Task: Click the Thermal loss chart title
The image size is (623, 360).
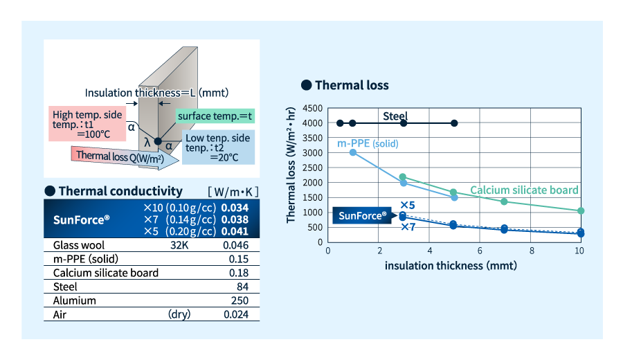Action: [x=351, y=85]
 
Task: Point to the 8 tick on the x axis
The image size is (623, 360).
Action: [x=531, y=250]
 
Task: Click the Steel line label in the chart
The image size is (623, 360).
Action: [x=395, y=116]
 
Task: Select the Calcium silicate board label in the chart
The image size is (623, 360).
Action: [x=524, y=190]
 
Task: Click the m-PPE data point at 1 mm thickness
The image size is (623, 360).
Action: [x=353, y=152]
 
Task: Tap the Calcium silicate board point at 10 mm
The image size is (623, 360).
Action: [x=581, y=210]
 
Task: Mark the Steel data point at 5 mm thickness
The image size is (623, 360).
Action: [x=454, y=123]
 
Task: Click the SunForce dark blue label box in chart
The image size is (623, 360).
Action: [x=363, y=215]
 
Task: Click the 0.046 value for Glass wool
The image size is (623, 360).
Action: [x=235, y=244]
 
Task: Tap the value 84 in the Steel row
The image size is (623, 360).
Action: [x=242, y=287]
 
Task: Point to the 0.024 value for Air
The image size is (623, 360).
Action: [x=235, y=314]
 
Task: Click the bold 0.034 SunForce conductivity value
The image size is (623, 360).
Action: [x=235, y=208]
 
